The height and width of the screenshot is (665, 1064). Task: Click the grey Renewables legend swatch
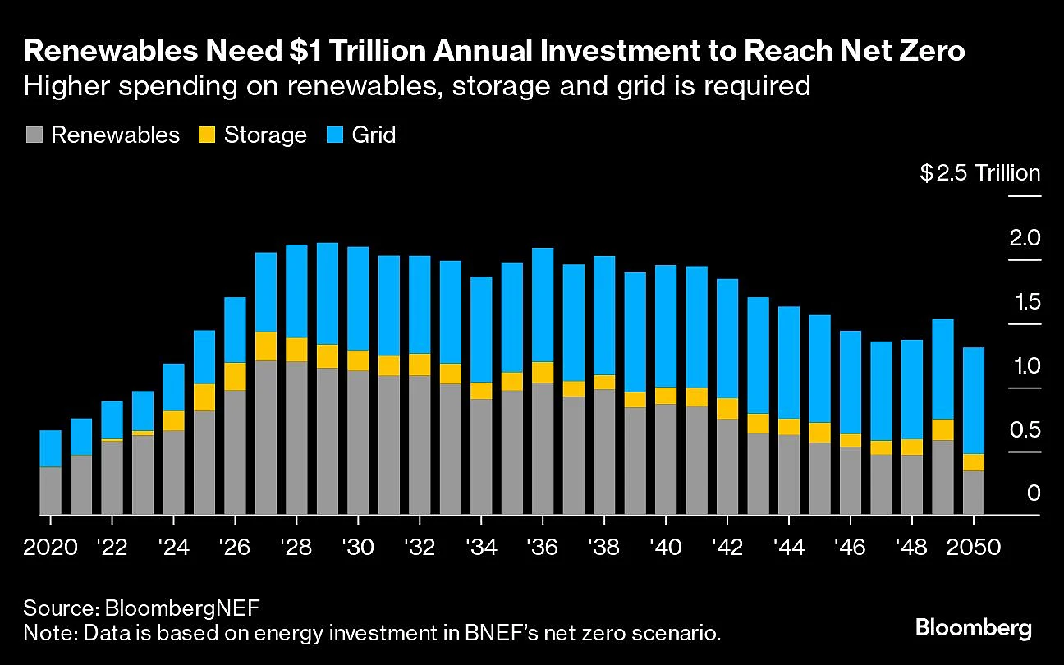(34, 135)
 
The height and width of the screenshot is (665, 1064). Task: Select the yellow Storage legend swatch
(208, 135)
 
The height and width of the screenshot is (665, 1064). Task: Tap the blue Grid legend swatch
(336, 135)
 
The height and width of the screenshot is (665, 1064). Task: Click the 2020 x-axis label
(51, 548)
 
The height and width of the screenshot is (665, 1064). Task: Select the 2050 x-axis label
(974, 548)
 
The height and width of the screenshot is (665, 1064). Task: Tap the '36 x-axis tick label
(542, 548)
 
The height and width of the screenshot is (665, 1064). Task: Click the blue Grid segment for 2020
(51, 448)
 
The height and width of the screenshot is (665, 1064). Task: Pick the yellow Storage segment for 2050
(973, 461)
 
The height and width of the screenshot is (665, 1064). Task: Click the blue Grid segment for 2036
(542, 305)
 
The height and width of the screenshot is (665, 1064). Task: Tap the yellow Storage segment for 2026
(235, 376)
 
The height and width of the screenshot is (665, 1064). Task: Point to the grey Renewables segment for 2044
(788, 475)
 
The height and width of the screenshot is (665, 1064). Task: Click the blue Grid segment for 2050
(973, 400)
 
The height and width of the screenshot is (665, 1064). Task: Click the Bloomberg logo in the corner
(973, 629)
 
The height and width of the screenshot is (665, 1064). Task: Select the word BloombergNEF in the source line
(183, 608)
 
